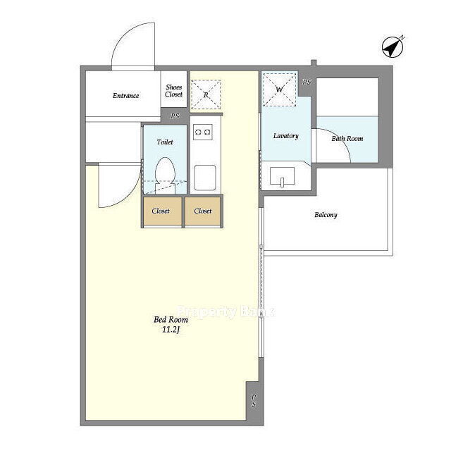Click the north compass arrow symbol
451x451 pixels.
[392, 47]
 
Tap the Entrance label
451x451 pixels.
[125, 96]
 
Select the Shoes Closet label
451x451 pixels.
[174, 91]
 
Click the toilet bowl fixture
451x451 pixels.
[165, 175]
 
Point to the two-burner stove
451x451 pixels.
[203, 132]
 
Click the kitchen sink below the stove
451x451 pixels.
[205, 178]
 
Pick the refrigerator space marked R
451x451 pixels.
[206, 94]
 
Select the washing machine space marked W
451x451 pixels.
[279, 89]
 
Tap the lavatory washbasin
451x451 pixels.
[282, 176]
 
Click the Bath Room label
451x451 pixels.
[347, 139]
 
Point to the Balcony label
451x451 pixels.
[326, 215]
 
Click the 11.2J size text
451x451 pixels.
[171, 330]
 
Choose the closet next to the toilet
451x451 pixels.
[163, 211]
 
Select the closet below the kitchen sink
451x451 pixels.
[202, 211]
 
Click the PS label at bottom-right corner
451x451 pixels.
[254, 400]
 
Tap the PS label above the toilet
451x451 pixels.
[175, 116]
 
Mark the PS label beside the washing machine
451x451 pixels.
[307, 82]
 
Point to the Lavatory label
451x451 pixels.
[285, 136]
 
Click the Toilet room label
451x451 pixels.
[165, 142]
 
